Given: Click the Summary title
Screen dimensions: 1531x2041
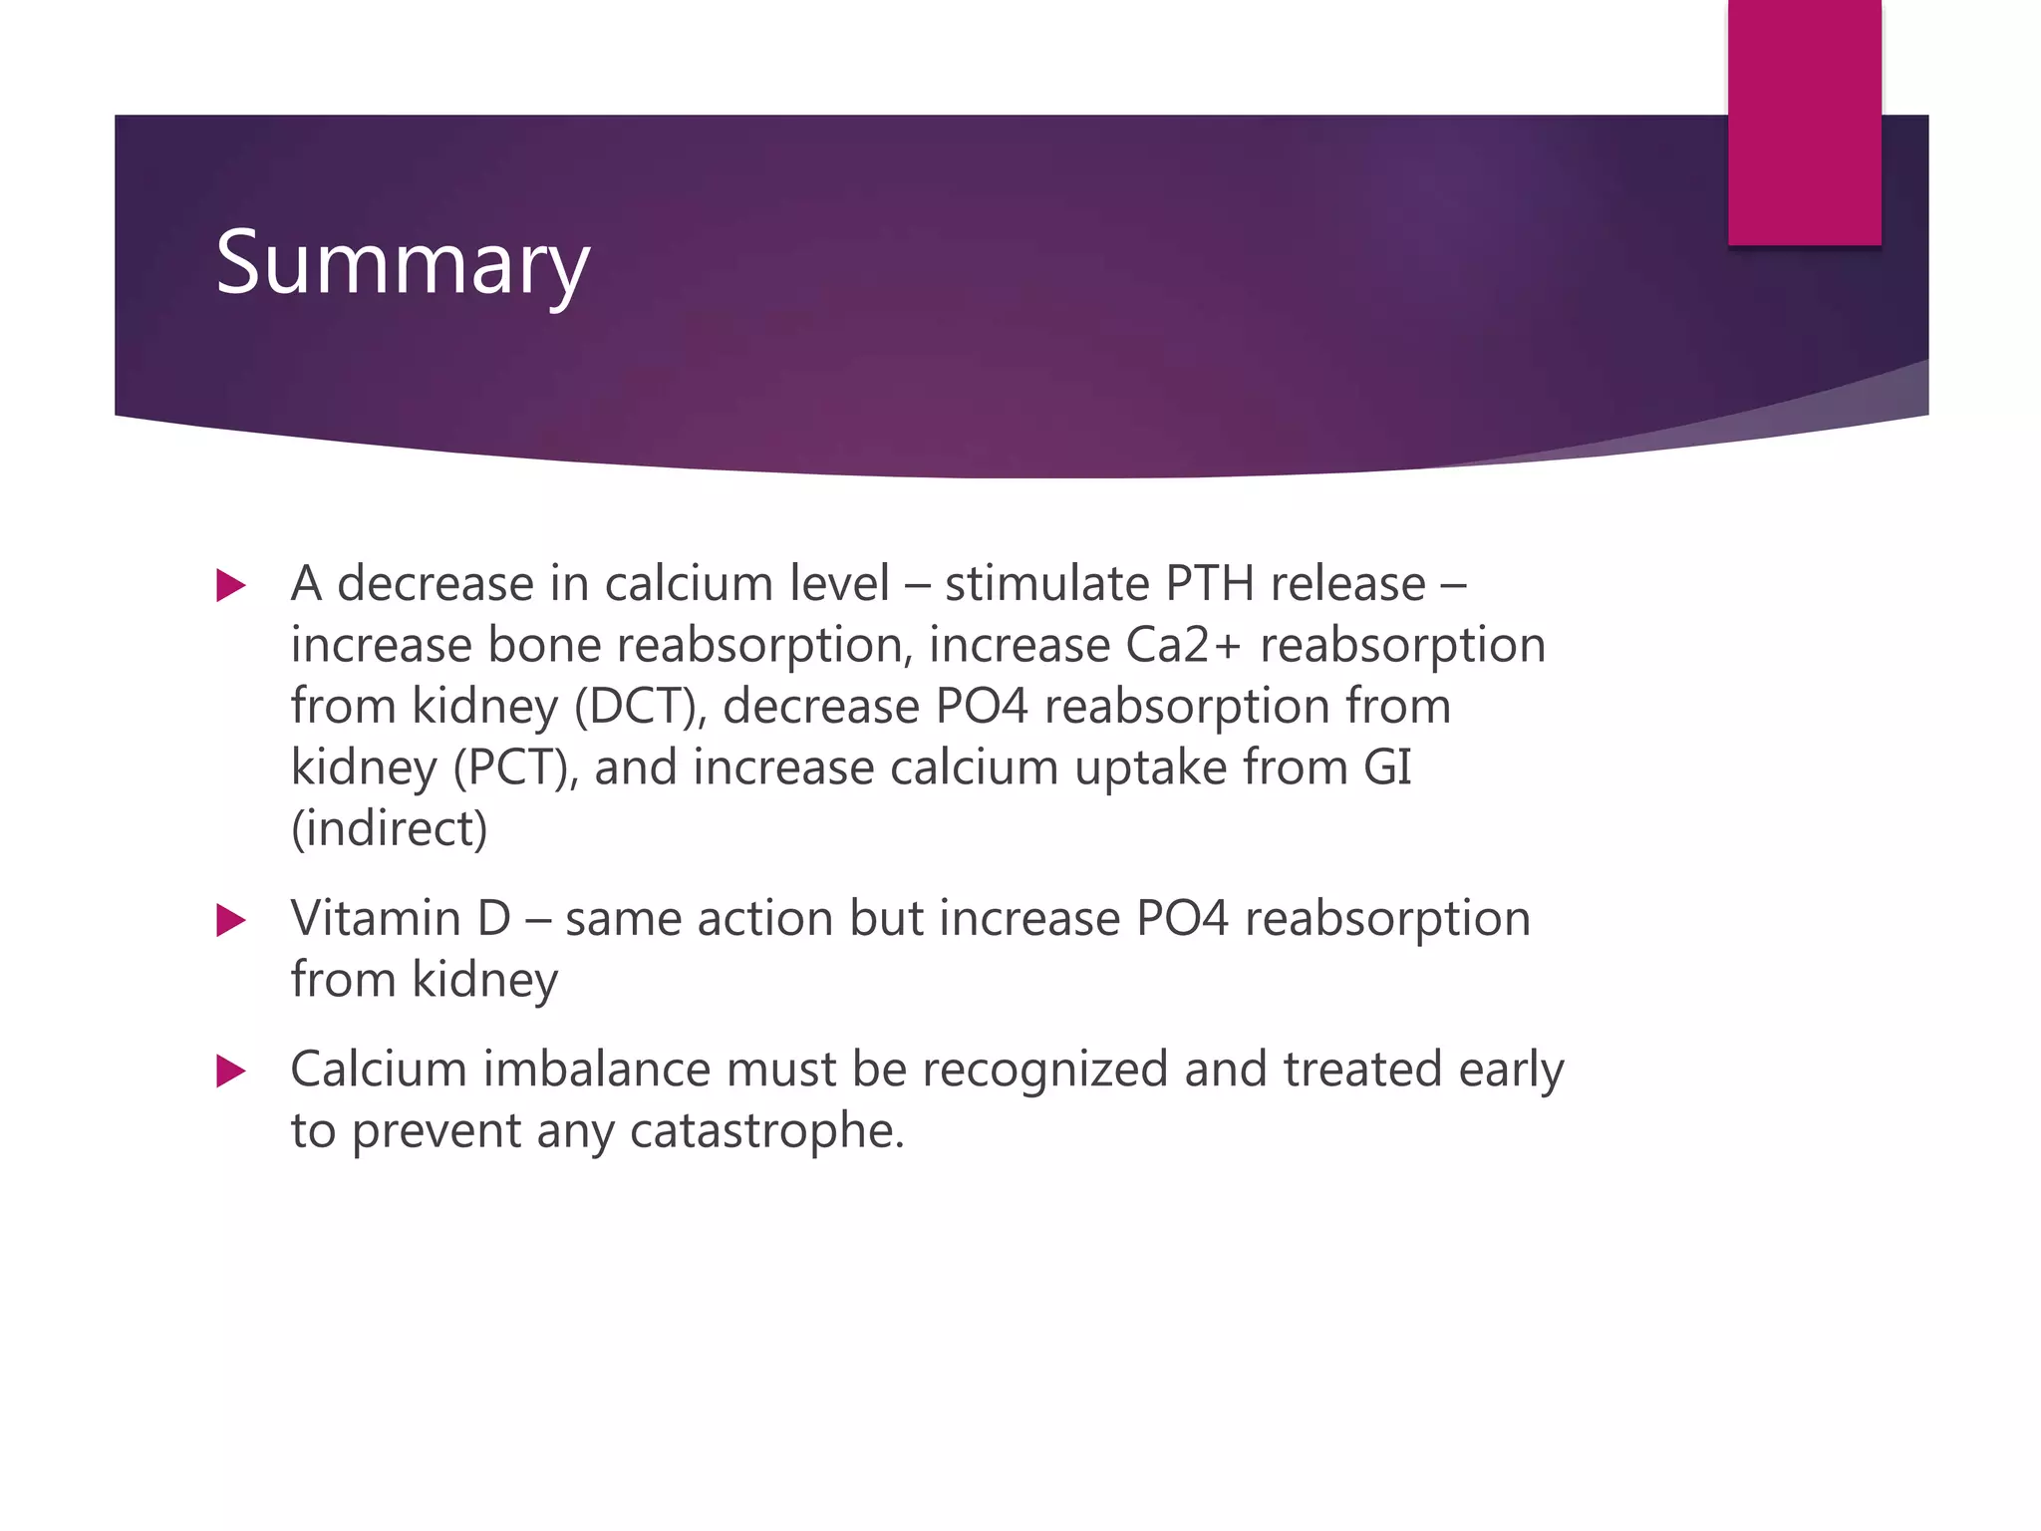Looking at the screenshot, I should tap(403, 264).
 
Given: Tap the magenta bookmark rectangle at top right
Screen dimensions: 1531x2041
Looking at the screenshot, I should tap(1804, 122).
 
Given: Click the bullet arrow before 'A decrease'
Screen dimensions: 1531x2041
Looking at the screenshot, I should tap(230, 585).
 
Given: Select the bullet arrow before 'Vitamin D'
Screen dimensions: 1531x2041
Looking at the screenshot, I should tap(230, 920).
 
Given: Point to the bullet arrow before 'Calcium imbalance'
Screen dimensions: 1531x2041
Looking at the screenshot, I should tap(230, 1072).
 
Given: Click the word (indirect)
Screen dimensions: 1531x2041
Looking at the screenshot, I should tap(389, 829).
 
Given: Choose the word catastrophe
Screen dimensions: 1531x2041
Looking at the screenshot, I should tap(766, 1131).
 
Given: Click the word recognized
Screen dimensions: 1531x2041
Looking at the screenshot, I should tap(1044, 1070).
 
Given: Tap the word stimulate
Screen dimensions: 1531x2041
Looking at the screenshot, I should tap(1046, 584).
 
